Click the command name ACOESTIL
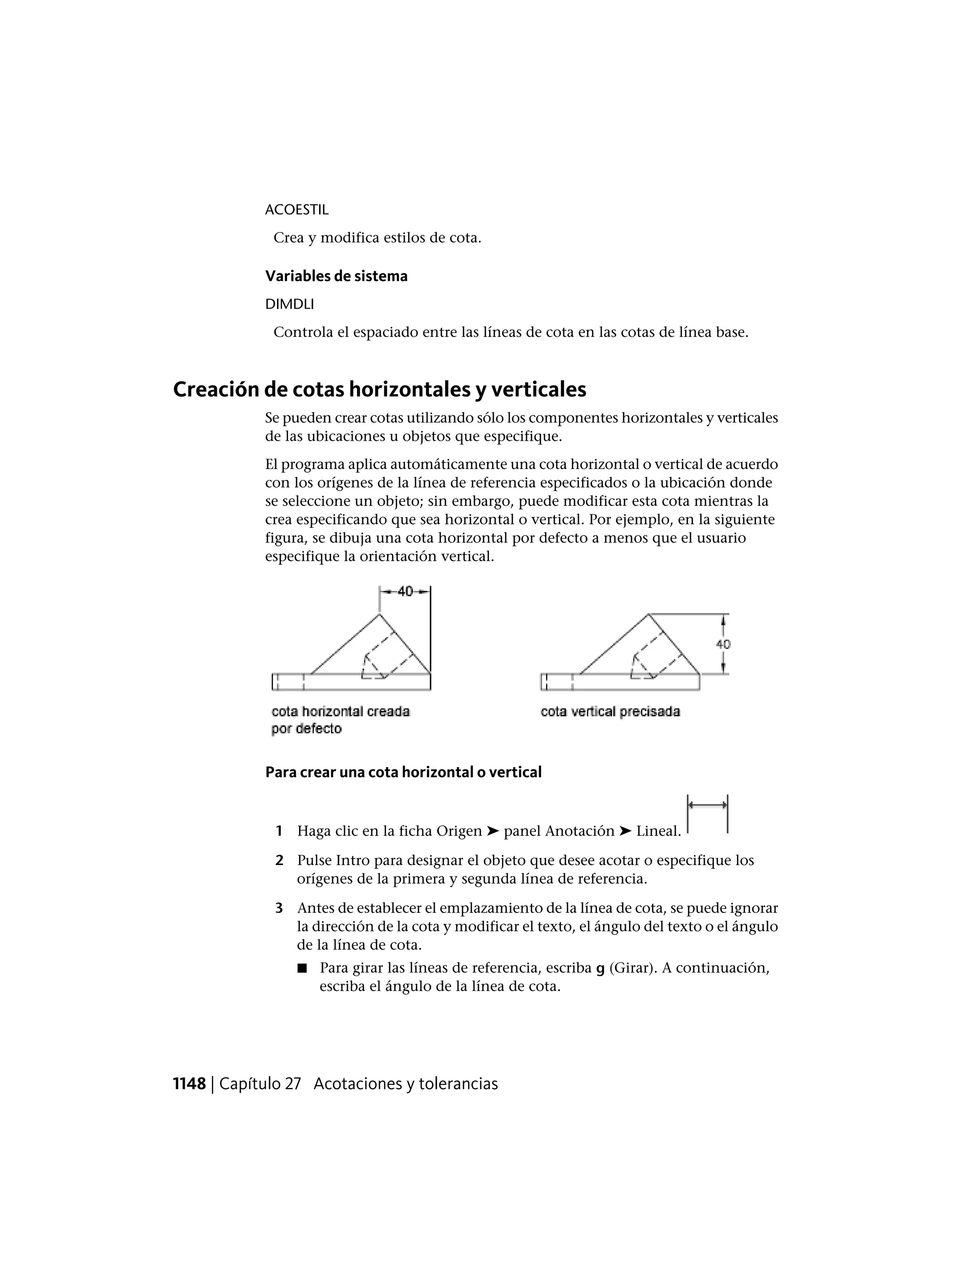pos(297,210)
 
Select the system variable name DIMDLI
pos(289,304)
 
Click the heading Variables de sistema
pos(336,277)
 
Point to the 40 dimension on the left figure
pos(405,591)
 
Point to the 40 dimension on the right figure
pos(724,644)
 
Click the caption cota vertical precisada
pos(610,712)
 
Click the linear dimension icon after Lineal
pos(707,814)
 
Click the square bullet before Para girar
pos(301,968)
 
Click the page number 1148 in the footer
pos(189,1084)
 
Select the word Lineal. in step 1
pos(658,832)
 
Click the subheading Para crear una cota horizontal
pos(403,772)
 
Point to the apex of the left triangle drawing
pos(379,614)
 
